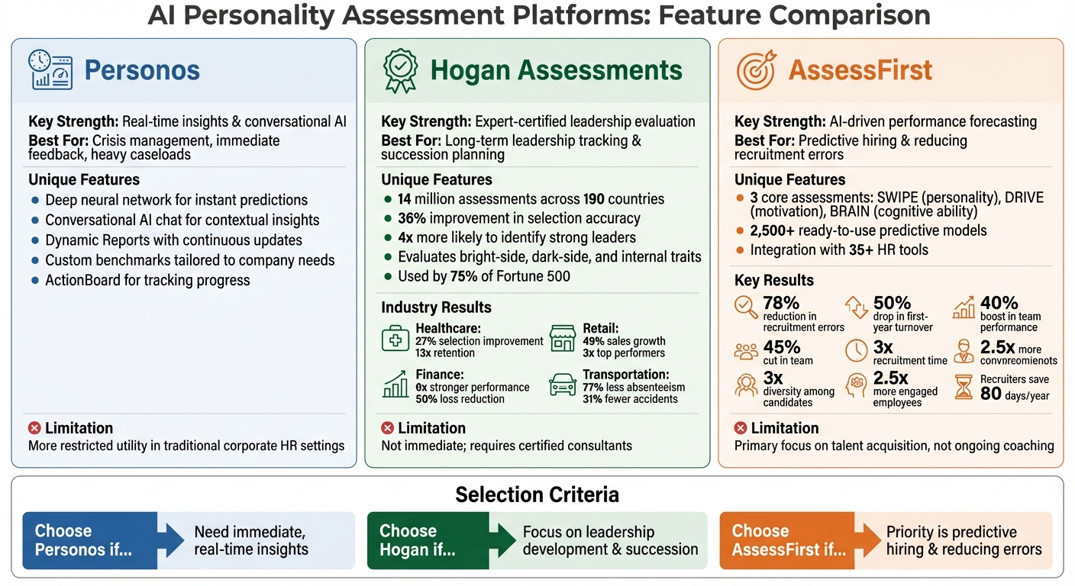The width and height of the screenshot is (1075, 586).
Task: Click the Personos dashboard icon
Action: point(50,70)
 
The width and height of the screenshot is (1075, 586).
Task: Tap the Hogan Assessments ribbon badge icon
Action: point(399,70)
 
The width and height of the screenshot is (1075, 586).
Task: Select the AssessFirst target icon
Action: point(756,70)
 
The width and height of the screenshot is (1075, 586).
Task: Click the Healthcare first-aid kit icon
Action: point(395,338)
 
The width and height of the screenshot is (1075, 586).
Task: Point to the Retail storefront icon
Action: point(563,338)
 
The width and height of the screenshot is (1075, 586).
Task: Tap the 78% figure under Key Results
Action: point(781,304)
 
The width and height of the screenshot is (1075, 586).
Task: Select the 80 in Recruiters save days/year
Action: point(991,393)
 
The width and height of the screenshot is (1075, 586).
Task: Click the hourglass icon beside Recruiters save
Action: point(964,387)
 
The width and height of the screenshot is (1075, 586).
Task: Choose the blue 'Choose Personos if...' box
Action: point(90,540)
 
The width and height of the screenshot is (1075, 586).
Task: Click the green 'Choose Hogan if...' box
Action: point(428,540)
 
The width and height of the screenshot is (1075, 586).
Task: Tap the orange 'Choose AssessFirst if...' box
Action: point(786,540)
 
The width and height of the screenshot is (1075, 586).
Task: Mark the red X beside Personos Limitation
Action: point(34,428)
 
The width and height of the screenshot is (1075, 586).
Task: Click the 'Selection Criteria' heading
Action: point(537,494)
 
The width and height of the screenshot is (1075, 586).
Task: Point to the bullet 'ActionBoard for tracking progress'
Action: point(147,280)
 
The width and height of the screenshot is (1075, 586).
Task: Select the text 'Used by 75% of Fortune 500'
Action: point(483,276)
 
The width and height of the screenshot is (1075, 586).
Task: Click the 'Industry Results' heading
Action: point(436,307)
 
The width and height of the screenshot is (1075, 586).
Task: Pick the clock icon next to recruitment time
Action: point(857,350)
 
